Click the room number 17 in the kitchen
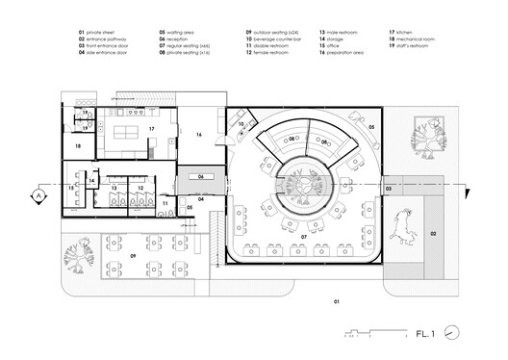tap(150, 128)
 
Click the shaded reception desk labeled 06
tap(201, 176)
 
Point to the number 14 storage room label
tap(91, 180)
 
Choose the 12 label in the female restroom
tap(140, 189)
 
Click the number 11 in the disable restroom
tap(165, 203)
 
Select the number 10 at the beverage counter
tap(241, 124)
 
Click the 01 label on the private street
tap(336, 303)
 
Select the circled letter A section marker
tap(38, 195)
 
